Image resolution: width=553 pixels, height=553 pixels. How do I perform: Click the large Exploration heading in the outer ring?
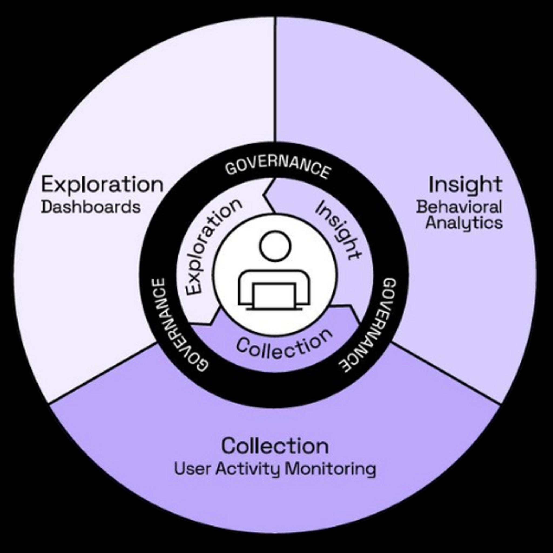102,185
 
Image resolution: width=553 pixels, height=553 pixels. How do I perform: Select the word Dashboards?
91,207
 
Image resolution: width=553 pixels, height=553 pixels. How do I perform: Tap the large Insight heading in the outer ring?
465,185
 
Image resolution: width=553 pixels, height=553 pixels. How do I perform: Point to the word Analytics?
464,223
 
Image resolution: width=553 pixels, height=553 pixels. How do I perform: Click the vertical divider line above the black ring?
275,80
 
